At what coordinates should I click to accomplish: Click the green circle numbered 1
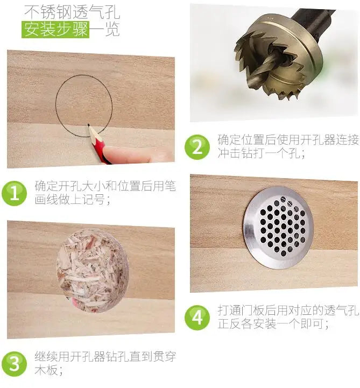pyautogui.click(x=14, y=193)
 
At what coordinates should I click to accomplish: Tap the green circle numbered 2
pyautogui.click(x=197, y=146)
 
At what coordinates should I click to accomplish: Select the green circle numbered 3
pyautogui.click(x=14, y=364)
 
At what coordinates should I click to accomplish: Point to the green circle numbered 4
pyautogui.click(x=197, y=318)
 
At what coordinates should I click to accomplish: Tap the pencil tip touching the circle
pyautogui.click(x=88, y=126)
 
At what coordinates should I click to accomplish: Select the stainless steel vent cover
pyautogui.click(x=278, y=227)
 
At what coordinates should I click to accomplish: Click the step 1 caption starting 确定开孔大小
pyautogui.click(x=105, y=193)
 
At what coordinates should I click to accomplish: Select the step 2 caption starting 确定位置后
pyautogui.click(x=287, y=146)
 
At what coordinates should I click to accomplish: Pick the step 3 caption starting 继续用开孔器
pyautogui.click(x=105, y=363)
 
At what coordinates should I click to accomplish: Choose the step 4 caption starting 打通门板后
pyautogui.click(x=287, y=317)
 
